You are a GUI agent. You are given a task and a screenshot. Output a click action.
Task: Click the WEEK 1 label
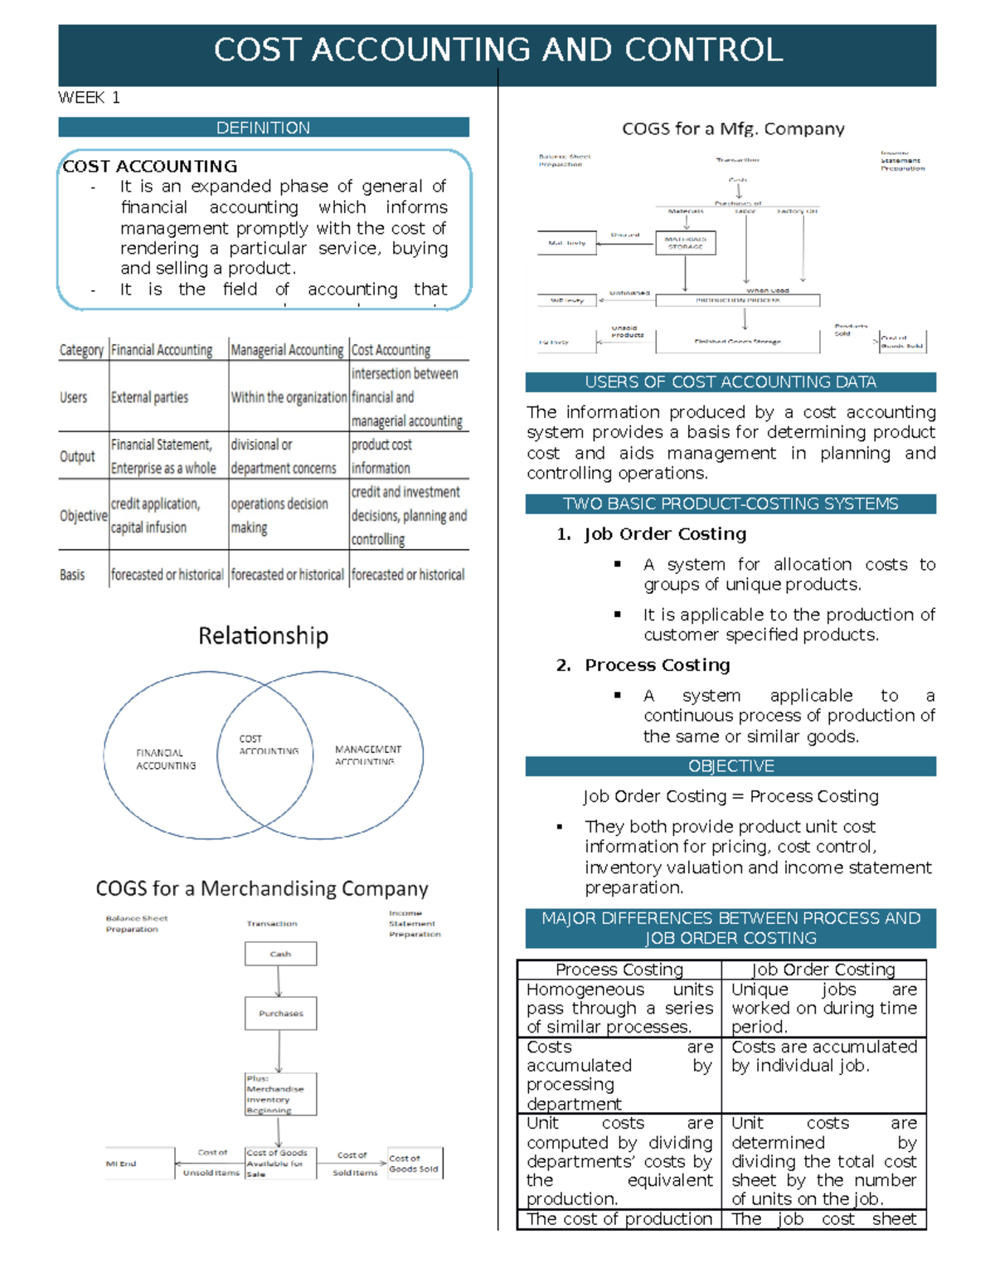[x=89, y=98]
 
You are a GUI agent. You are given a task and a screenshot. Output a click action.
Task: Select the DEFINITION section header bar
[x=263, y=128]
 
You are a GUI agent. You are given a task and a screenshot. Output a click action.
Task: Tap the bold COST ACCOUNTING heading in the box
[x=150, y=166]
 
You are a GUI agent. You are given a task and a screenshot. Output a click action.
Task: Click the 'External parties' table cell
[x=149, y=397]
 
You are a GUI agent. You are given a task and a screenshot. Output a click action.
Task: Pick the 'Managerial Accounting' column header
[x=287, y=350]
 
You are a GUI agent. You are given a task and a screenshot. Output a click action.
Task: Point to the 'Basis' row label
[x=72, y=575]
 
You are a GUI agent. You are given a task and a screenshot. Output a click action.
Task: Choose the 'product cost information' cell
[x=381, y=456]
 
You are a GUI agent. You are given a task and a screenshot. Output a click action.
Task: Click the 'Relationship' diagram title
[x=263, y=636]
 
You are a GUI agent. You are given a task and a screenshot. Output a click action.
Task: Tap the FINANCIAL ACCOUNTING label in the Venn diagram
[x=166, y=759]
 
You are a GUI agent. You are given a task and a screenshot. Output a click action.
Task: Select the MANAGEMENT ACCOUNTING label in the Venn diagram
[x=367, y=755]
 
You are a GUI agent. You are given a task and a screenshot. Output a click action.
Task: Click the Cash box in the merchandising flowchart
[x=280, y=954]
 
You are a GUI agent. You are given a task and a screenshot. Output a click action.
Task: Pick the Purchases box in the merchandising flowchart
[x=280, y=1013]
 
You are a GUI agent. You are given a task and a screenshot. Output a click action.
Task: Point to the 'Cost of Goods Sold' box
[x=415, y=1163]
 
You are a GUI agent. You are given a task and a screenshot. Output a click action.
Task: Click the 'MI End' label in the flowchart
[x=121, y=1164]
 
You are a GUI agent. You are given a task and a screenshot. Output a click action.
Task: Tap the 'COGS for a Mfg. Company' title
[x=733, y=129]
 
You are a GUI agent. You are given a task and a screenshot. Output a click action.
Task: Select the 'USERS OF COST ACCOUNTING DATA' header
[x=730, y=382]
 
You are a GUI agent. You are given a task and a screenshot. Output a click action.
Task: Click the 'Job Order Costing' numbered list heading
[x=665, y=534]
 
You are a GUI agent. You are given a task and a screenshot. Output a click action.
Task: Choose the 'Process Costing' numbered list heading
[x=657, y=665]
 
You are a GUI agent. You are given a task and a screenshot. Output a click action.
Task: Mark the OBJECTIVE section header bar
[x=730, y=766]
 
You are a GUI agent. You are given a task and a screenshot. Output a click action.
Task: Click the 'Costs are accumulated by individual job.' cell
[x=823, y=1057]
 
